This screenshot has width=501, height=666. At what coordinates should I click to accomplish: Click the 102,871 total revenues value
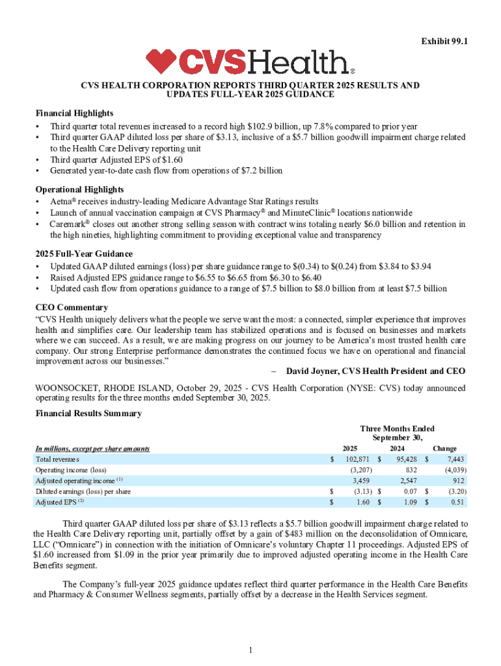click(355, 459)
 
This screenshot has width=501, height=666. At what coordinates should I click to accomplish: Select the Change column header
click(444, 449)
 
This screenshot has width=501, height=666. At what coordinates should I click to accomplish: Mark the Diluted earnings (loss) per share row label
click(83, 492)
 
